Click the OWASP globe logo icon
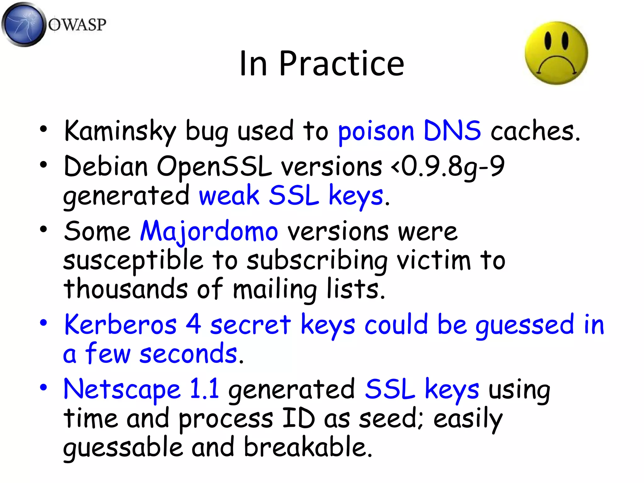click(23, 25)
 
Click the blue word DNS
click(452, 131)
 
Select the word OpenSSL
click(214, 167)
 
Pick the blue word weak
click(229, 196)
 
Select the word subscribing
click(317, 261)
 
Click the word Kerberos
click(120, 325)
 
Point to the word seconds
click(188, 354)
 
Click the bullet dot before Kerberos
click(43, 323)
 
